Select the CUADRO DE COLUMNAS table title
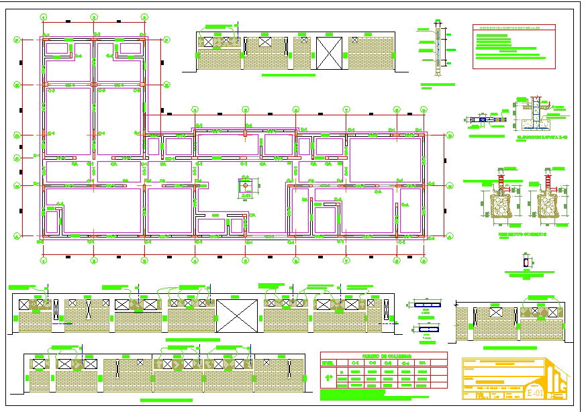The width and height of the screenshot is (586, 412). pyautogui.click(x=383, y=356)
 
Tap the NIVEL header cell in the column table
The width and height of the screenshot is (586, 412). pyautogui.click(x=328, y=362)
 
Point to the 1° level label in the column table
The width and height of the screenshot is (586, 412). pyautogui.click(x=328, y=378)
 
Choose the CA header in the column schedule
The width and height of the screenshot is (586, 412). pyautogui.click(x=422, y=362)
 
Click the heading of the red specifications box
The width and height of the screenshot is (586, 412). pyautogui.click(x=514, y=28)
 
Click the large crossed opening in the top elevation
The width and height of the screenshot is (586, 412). pyautogui.click(x=330, y=53)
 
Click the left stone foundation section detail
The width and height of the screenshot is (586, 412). pyautogui.click(x=498, y=203)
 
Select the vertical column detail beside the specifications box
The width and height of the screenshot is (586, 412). pyautogui.click(x=438, y=51)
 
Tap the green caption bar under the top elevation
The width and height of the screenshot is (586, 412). pyautogui.click(x=288, y=75)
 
